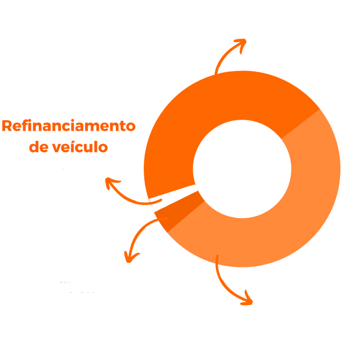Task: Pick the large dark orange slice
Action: click(x=202, y=108)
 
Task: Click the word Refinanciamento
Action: click(x=68, y=126)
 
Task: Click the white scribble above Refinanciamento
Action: click(x=72, y=88)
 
